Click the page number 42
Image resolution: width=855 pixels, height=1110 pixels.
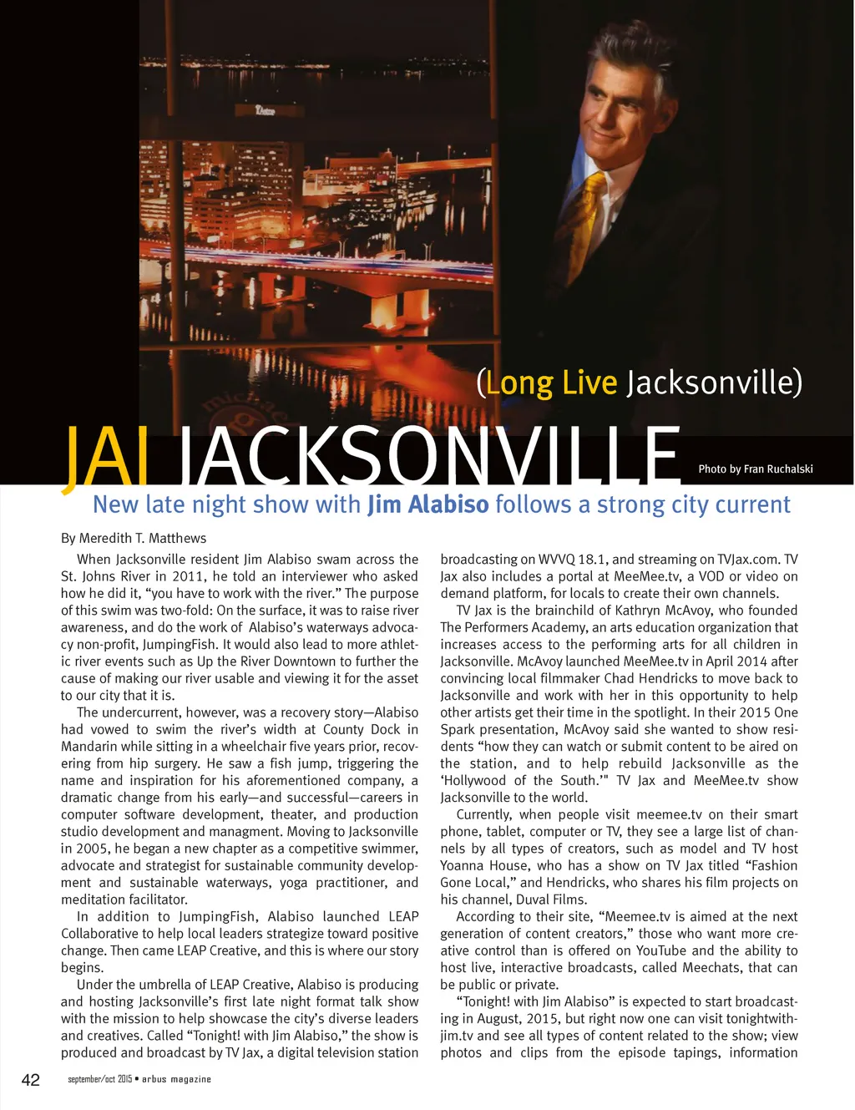point(30,1080)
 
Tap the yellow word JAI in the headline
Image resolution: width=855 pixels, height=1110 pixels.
point(105,457)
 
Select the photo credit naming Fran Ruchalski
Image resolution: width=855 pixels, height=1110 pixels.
point(755,469)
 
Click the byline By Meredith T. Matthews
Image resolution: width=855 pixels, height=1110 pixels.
point(134,538)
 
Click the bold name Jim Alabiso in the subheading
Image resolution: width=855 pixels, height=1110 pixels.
point(427,504)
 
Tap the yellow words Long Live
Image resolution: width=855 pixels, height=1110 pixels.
point(552,383)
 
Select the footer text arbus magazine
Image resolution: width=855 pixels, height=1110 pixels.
point(176,1079)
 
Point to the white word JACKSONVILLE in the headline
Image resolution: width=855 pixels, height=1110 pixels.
point(430,457)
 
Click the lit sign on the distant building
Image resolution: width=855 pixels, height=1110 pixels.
point(265,109)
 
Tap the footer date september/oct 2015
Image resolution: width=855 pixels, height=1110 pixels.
point(99,1079)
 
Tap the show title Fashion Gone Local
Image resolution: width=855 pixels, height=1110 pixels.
point(619,874)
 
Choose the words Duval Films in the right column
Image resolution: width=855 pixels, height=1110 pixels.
point(549,900)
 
